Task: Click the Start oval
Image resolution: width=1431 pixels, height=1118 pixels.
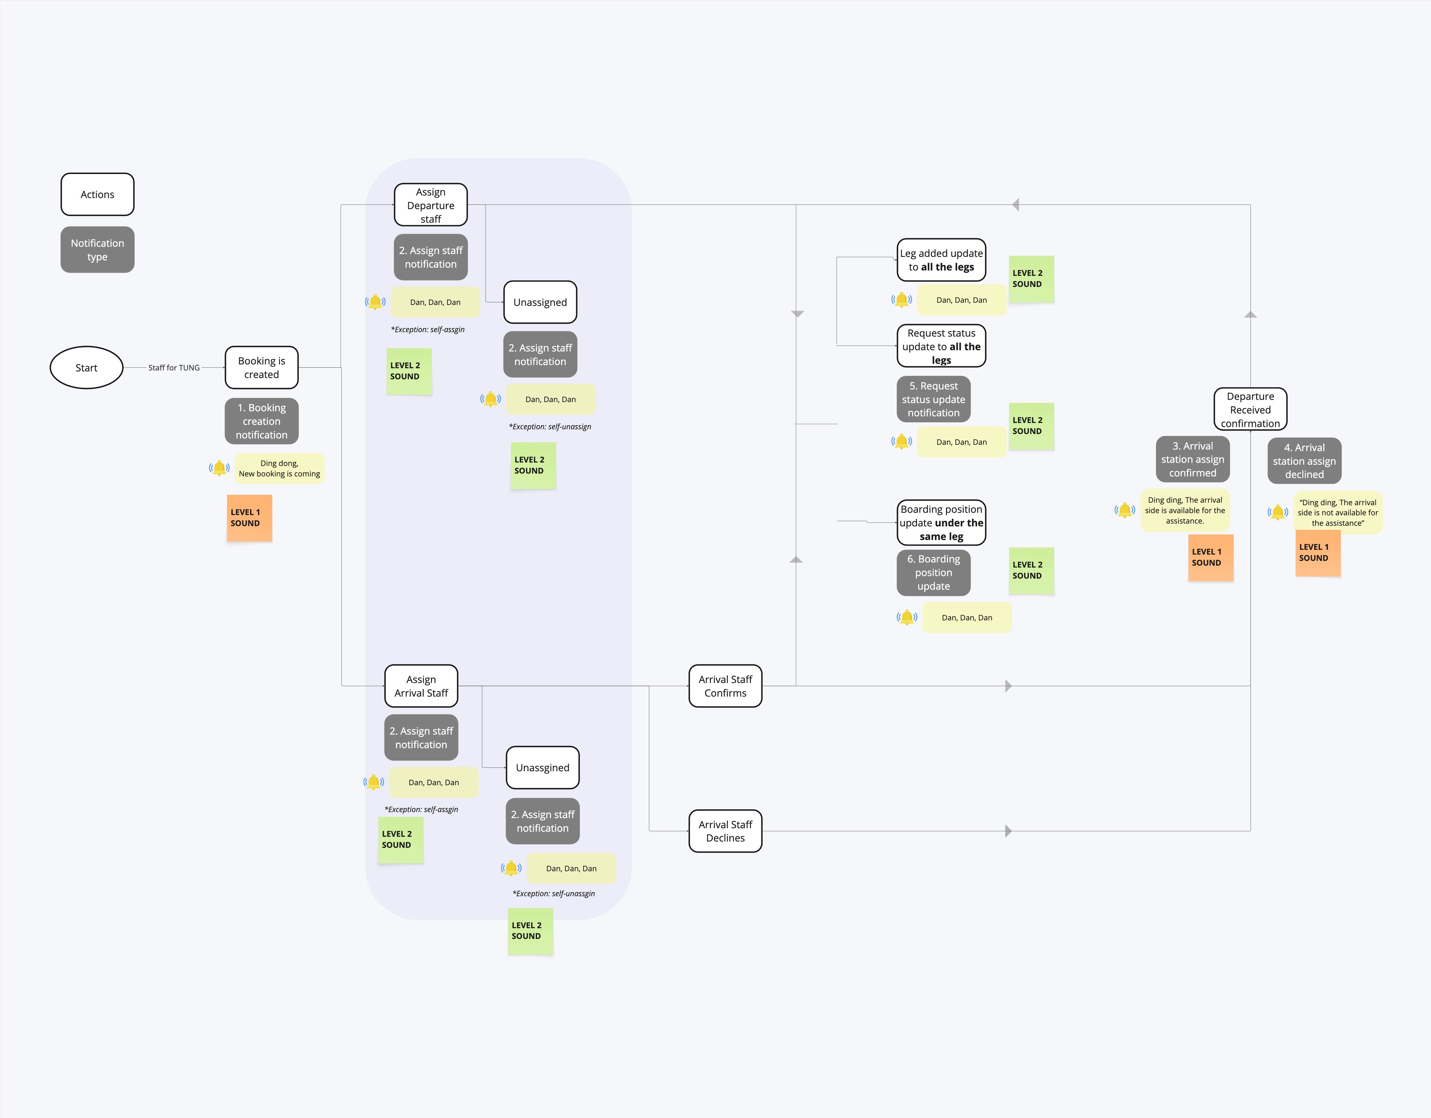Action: pos(87,367)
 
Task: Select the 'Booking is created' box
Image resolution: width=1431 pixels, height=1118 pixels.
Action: pos(261,367)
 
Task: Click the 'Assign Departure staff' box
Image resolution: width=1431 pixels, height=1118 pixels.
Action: pos(431,205)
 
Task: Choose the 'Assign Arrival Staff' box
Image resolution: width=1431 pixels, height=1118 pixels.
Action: pos(421,686)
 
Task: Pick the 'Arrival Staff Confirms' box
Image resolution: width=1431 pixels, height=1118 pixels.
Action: pos(725,686)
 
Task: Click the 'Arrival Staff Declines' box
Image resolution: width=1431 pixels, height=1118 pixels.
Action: pos(725,831)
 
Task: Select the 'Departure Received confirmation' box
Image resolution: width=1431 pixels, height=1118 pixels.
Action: pos(1250,409)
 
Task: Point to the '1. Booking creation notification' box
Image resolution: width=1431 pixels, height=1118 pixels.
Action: pos(261,421)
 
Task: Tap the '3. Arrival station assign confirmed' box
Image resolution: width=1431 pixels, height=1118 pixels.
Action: pos(1193,459)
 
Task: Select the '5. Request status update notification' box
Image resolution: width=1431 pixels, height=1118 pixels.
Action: pos(933,399)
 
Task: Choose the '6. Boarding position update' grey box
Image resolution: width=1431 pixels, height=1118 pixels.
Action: pos(933,572)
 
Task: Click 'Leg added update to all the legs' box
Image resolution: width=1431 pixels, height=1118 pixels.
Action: pos(941,260)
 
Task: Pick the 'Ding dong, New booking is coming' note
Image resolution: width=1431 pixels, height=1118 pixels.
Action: pos(279,468)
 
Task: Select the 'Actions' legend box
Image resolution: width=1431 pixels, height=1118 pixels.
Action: pos(97,194)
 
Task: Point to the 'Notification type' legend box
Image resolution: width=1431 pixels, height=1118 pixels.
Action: pos(97,249)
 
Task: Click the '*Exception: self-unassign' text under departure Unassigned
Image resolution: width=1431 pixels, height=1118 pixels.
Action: pos(550,426)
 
